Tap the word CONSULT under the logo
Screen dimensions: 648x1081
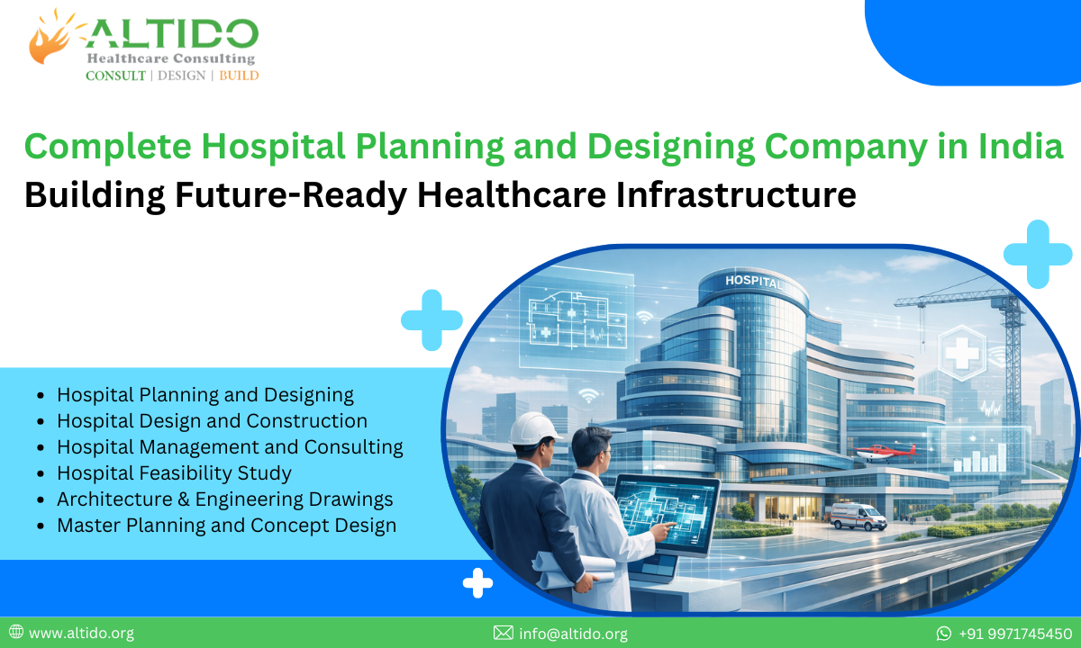[115, 76]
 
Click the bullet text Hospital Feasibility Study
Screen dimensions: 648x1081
[174, 472]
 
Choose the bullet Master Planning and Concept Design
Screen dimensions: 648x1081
[226, 525]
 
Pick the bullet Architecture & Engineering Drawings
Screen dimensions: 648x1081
[224, 499]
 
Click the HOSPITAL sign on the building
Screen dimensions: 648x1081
[754, 282]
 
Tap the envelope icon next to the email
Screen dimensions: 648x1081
[504, 634]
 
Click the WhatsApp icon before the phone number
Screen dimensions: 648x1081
[944, 634]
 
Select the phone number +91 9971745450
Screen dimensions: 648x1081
[1015, 634]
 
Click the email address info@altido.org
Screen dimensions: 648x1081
[573, 634]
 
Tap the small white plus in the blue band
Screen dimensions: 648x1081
[477, 583]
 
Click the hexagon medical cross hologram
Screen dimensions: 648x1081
[962, 351]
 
